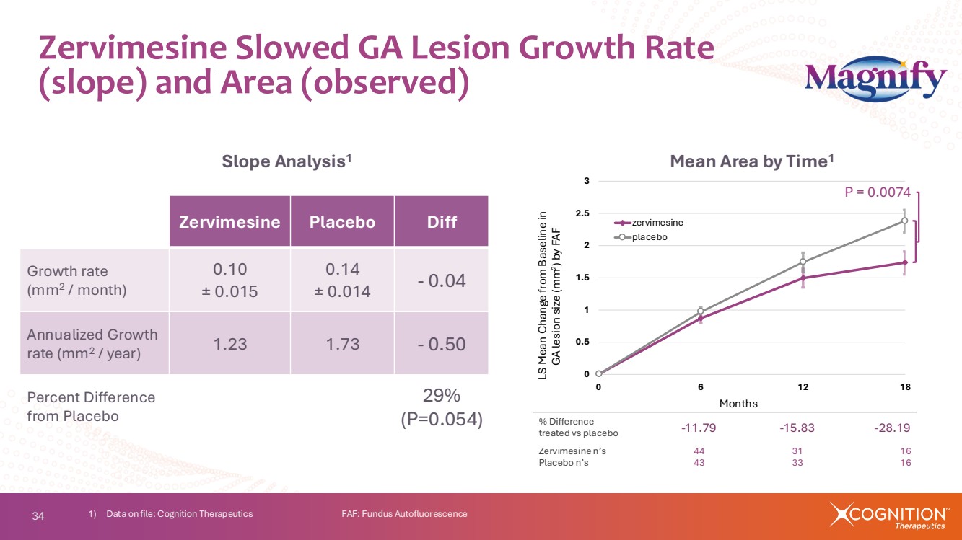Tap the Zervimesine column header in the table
pos(229,221)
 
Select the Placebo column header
pos(342,221)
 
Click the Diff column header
pos(441,221)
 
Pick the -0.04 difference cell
pos(441,280)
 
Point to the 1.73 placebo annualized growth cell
pos(342,343)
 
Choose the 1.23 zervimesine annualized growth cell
pos(229,343)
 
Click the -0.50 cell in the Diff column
pos(441,343)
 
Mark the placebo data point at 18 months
pos(904,221)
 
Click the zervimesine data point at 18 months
pos(904,262)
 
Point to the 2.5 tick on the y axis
pos(582,213)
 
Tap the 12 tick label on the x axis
pos(803,387)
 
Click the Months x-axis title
pos(738,404)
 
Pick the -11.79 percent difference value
pos(699,428)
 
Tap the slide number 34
pos(38,515)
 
